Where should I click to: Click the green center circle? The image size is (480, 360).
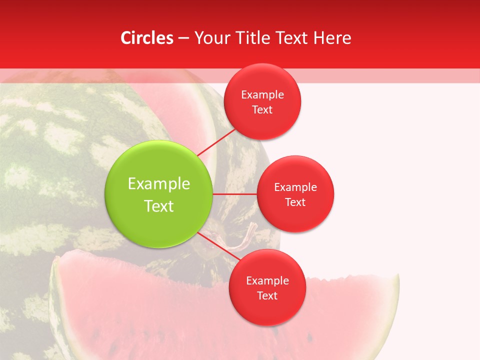coord(158,194)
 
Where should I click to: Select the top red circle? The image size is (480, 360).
coord(262,101)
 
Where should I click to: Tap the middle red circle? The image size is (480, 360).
coord(295,194)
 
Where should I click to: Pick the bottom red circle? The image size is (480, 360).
coord(267,287)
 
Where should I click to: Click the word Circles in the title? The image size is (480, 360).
coord(147,38)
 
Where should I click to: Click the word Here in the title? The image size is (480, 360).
coord(332,38)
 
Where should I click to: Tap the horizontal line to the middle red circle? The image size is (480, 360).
coord(234,194)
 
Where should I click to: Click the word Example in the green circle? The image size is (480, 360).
coord(159,183)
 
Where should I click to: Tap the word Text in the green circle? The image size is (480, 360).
coord(159,205)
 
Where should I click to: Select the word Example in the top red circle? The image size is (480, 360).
coord(262,94)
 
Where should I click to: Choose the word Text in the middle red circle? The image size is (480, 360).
coord(295,202)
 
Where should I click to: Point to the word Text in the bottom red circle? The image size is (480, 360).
coord(267,295)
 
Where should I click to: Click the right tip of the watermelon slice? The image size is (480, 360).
coord(397,278)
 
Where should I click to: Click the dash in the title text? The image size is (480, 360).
coord(183,38)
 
